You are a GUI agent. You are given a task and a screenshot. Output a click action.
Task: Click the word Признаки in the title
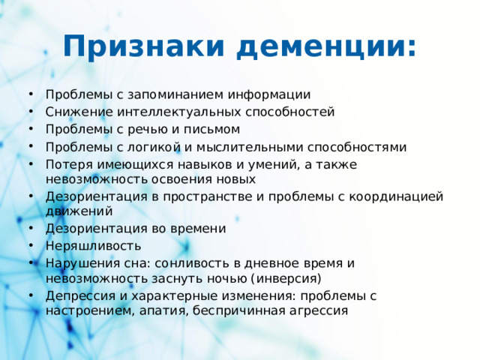143,46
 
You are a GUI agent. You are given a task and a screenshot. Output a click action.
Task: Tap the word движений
73,211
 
